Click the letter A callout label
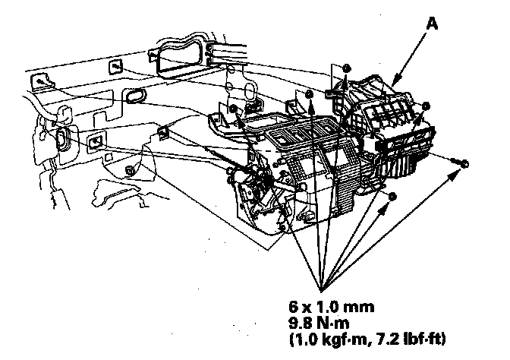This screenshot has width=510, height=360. [432, 24]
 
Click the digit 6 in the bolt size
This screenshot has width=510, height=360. [293, 307]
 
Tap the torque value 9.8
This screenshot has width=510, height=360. [299, 321]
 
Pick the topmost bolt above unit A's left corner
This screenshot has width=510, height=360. [345, 68]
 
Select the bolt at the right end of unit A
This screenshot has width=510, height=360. [427, 107]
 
